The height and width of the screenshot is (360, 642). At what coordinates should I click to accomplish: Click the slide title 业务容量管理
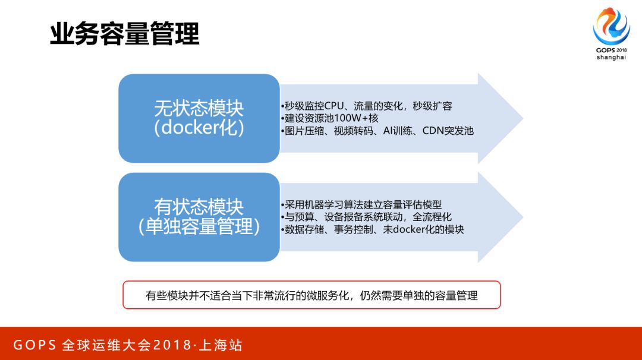[124, 34]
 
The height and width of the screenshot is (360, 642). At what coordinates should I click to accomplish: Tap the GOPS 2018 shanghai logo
[611, 34]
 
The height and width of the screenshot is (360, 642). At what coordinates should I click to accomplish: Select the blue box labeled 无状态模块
[199, 118]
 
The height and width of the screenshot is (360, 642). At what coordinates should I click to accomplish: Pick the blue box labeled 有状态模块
[199, 217]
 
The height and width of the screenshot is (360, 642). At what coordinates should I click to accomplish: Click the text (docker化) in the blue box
[199, 129]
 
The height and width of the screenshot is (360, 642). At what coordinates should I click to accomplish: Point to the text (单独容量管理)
[199, 228]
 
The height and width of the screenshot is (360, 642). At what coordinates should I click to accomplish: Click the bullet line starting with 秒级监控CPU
[366, 106]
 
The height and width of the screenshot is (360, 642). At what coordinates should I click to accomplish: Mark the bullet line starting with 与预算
[366, 217]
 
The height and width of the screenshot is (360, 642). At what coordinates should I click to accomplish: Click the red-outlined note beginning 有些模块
[311, 295]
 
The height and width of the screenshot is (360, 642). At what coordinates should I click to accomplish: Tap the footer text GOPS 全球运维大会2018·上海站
[128, 345]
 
